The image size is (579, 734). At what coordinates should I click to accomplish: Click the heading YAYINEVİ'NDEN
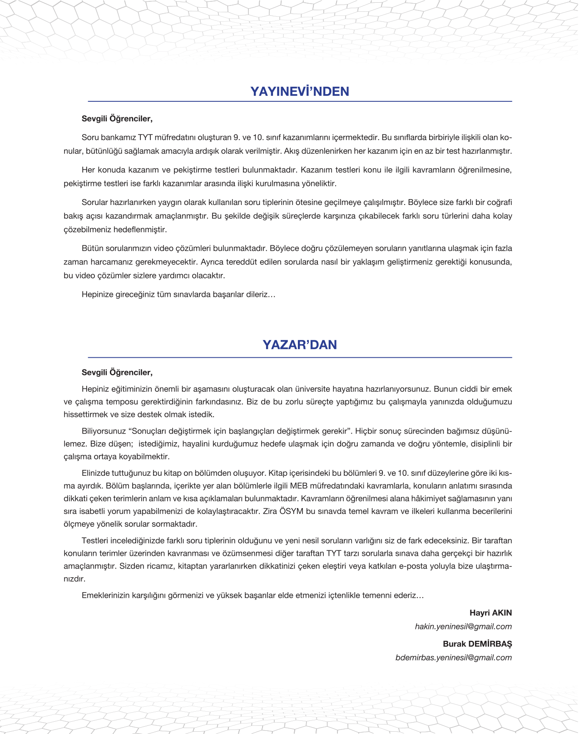300,91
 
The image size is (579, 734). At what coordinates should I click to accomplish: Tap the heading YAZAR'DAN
300,345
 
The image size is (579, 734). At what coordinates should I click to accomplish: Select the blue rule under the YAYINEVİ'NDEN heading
300,101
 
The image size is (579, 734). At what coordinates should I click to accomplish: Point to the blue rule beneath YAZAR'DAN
300,358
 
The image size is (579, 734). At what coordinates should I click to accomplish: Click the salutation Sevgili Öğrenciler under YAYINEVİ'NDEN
117,119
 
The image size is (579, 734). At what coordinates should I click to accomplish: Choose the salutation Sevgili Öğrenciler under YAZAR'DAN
117,372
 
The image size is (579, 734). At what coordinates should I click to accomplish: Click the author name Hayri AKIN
490,613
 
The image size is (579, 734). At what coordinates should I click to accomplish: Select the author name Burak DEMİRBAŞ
477,644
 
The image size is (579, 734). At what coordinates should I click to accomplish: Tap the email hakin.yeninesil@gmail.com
463,626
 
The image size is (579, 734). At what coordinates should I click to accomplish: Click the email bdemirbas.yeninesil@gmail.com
454,657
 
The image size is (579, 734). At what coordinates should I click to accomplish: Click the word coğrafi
499,202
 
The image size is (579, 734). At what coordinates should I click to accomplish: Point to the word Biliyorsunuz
104,431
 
